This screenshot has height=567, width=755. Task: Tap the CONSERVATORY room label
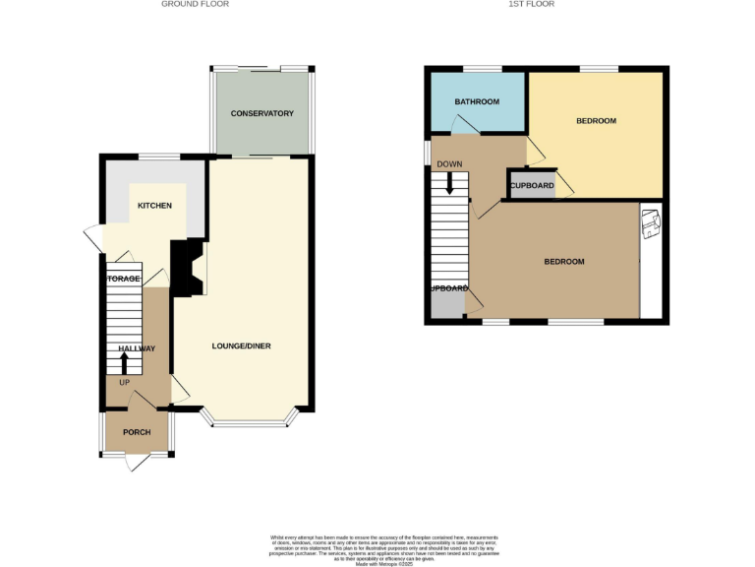[261, 114]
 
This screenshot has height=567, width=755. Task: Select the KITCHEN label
[154, 206]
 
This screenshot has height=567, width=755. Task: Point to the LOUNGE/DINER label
[241, 346]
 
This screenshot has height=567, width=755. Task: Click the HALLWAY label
[137, 348]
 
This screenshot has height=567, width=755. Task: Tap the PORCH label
[136, 433]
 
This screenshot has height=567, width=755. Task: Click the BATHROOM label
[477, 102]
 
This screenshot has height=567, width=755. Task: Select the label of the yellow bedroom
[596, 121]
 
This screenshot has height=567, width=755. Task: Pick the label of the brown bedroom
[564, 262]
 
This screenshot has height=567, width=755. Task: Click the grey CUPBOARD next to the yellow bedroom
[531, 185]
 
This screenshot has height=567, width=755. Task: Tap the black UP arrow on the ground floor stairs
[124, 364]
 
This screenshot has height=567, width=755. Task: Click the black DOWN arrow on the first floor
[450, 182]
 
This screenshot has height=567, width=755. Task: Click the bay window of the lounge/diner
[248, 424]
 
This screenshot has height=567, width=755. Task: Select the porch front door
[137, 461]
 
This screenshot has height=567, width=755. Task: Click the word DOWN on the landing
[450, 164]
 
